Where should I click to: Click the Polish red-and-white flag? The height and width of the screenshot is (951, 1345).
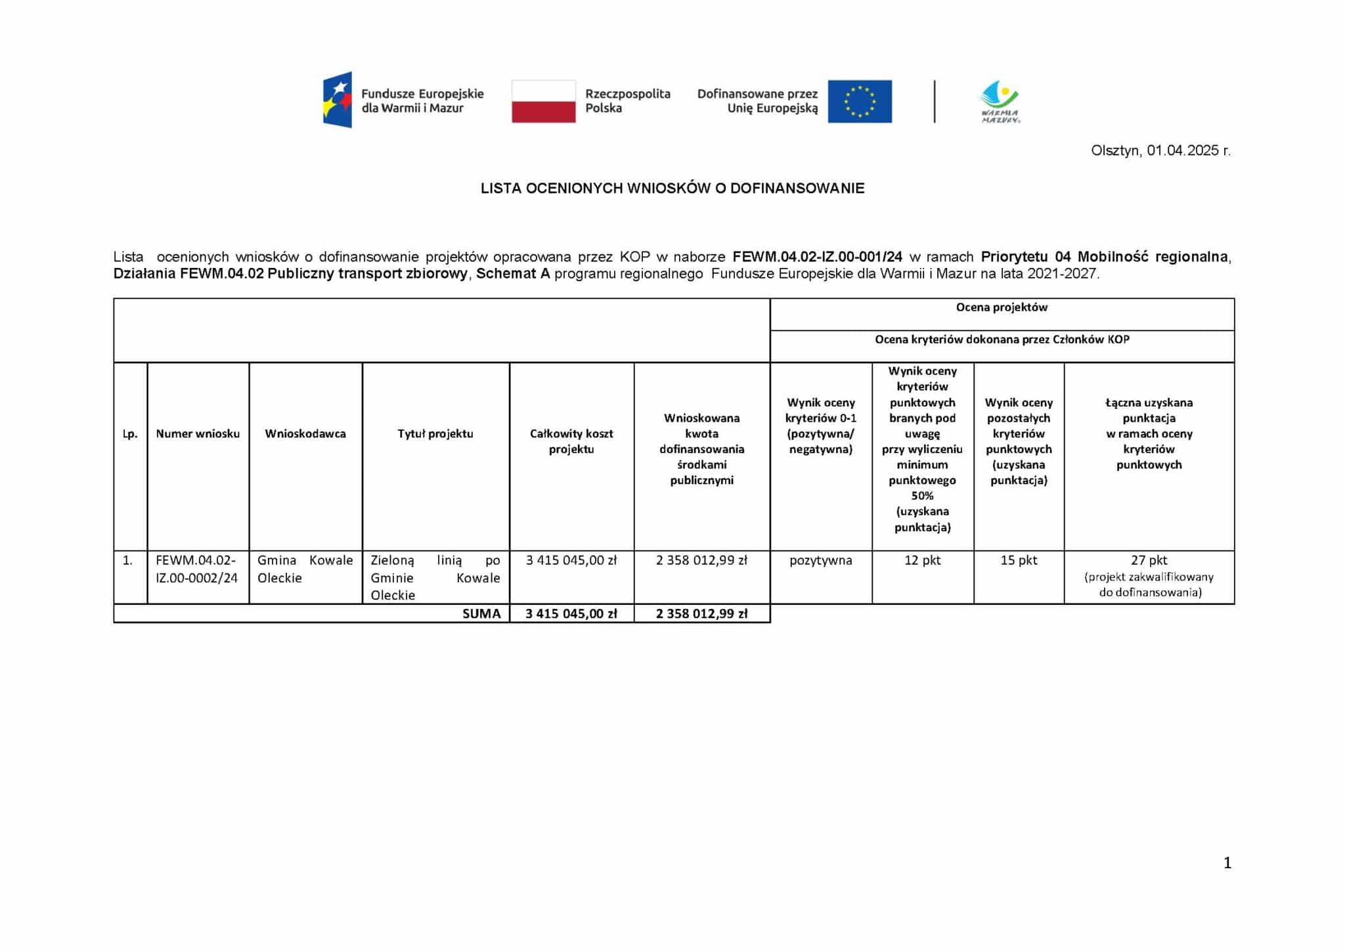tap(543, 101)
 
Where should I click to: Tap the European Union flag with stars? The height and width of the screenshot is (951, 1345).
tap(859, 101)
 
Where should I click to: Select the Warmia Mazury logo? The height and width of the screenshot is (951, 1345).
tap(1000, 102)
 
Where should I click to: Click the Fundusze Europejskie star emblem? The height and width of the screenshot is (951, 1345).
tap(338, 100)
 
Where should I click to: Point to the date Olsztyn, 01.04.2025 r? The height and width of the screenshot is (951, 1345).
tap(1160, 150)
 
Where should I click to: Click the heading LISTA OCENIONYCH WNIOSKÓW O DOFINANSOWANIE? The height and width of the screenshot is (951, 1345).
tap(672, 188)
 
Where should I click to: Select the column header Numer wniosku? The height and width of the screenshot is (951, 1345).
tap(198, 433)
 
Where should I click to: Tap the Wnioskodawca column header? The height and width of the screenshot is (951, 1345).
tap(305, 433)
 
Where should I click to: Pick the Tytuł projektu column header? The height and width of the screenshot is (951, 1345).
tap(435, 433)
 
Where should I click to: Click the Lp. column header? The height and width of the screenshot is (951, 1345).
tap(130, 433)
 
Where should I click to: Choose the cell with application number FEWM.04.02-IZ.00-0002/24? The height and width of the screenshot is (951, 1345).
tap(196, 569)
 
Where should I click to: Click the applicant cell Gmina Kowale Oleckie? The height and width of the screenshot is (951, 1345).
tap(305, 569)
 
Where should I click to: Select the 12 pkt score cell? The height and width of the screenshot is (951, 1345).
tap(922, 560)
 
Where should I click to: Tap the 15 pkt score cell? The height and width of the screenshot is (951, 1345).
tap(1019, 560)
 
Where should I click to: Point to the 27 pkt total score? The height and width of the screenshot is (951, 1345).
tap(1149, 560)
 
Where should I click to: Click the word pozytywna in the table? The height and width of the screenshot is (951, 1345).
tap(820, 560)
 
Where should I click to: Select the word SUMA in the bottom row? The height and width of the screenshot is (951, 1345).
tap(481, 613)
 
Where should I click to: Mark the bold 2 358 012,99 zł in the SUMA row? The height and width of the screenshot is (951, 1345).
tap(701, 613)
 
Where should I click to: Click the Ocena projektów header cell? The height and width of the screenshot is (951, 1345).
tap(1002, 307)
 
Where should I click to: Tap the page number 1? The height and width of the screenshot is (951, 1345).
tap(1227, 863)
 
